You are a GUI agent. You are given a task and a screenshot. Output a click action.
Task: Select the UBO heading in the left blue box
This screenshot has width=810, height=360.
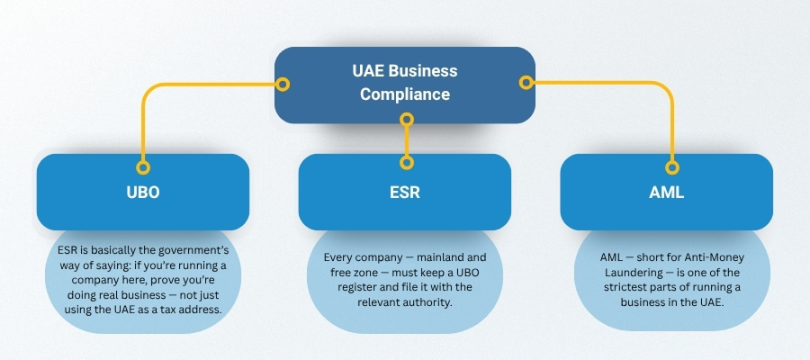(142, 193)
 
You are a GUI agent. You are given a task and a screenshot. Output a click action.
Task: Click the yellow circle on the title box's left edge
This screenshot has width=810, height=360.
(283, 85)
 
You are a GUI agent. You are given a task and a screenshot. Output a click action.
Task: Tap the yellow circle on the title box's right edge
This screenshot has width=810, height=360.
(527, 82)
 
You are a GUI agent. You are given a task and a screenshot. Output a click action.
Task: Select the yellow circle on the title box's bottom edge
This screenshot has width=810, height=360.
(407, 119)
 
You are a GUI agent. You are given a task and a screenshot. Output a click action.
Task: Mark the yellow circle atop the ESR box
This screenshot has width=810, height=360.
(407, 162)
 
